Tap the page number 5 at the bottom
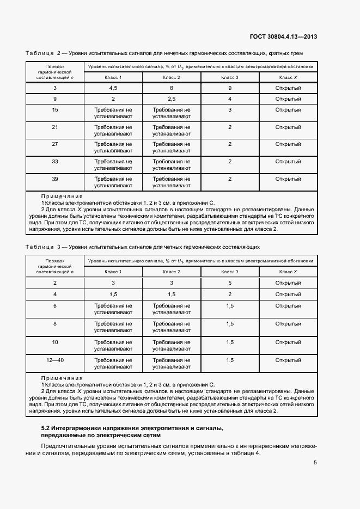point(315,463)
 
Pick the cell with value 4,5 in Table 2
point(113,88)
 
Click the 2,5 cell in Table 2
point(172,99)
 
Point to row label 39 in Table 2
point(54,179)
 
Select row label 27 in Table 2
point(54,144)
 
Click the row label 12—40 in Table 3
point(54,360)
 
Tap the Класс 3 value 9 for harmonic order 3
point(230,88)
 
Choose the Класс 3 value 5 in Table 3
point(230,283)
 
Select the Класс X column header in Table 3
point(288,272)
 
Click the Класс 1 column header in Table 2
point(113,77)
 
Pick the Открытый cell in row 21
point(288,127)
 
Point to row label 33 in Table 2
point(54,161)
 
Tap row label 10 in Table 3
point(54,342)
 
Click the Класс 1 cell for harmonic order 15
point(113,113)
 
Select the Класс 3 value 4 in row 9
point(230,99)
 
